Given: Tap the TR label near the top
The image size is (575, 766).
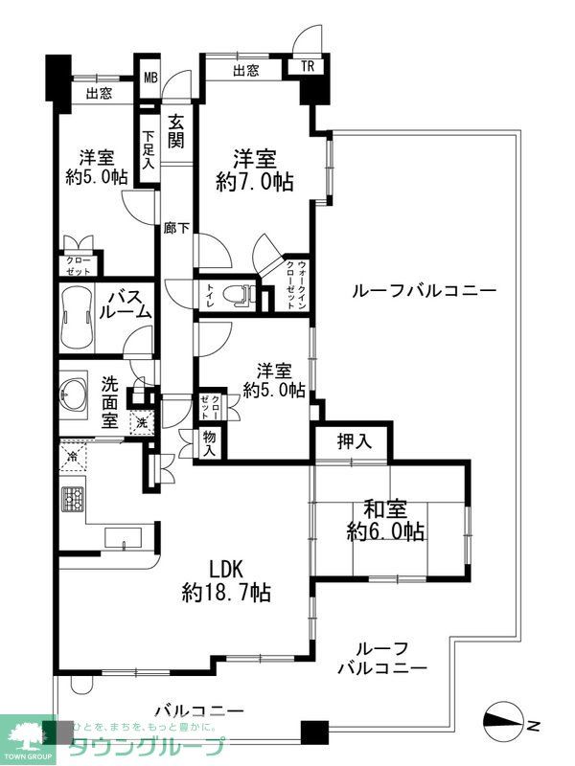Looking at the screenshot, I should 307,66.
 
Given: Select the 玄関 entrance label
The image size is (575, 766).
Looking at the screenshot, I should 176,131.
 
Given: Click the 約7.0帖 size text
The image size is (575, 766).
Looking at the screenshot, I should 254,181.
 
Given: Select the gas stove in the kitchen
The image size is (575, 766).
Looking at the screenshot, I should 74,499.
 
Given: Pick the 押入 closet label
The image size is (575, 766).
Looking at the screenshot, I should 353,441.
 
